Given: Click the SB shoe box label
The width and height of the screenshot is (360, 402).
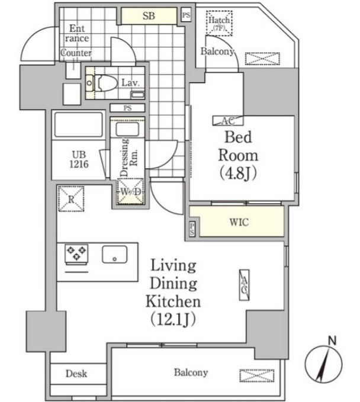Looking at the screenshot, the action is (149, 16).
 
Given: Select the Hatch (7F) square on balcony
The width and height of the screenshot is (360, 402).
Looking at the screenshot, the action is (219, 23).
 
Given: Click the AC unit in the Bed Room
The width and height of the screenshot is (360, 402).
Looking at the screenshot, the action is (228, 121).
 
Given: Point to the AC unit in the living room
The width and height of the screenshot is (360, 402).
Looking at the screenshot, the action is (244, 285).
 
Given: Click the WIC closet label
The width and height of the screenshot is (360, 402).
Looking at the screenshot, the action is (239, 222).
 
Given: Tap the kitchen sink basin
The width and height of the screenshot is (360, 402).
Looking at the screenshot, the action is (115, 255).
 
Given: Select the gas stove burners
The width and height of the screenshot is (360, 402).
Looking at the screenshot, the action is (76, 253).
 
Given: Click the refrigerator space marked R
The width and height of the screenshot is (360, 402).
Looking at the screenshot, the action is (71, 199).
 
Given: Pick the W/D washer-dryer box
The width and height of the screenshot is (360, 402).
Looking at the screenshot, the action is (130, 191).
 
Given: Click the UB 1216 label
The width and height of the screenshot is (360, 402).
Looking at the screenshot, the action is (79, 159).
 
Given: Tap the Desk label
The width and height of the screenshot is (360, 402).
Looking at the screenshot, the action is (76, 374).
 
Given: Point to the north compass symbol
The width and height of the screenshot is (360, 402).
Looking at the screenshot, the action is (324, 364).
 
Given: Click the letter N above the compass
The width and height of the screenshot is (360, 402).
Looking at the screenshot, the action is (332, 341).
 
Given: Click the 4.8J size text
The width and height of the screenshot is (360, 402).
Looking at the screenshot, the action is (238, 174).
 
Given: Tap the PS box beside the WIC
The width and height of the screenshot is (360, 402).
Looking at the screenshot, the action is (192, 229).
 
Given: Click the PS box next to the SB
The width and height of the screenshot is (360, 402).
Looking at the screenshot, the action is (186, 15).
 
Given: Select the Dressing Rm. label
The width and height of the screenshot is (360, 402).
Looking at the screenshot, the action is (129, 157).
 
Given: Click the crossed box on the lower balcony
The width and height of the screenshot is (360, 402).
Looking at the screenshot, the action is (257, 375).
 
